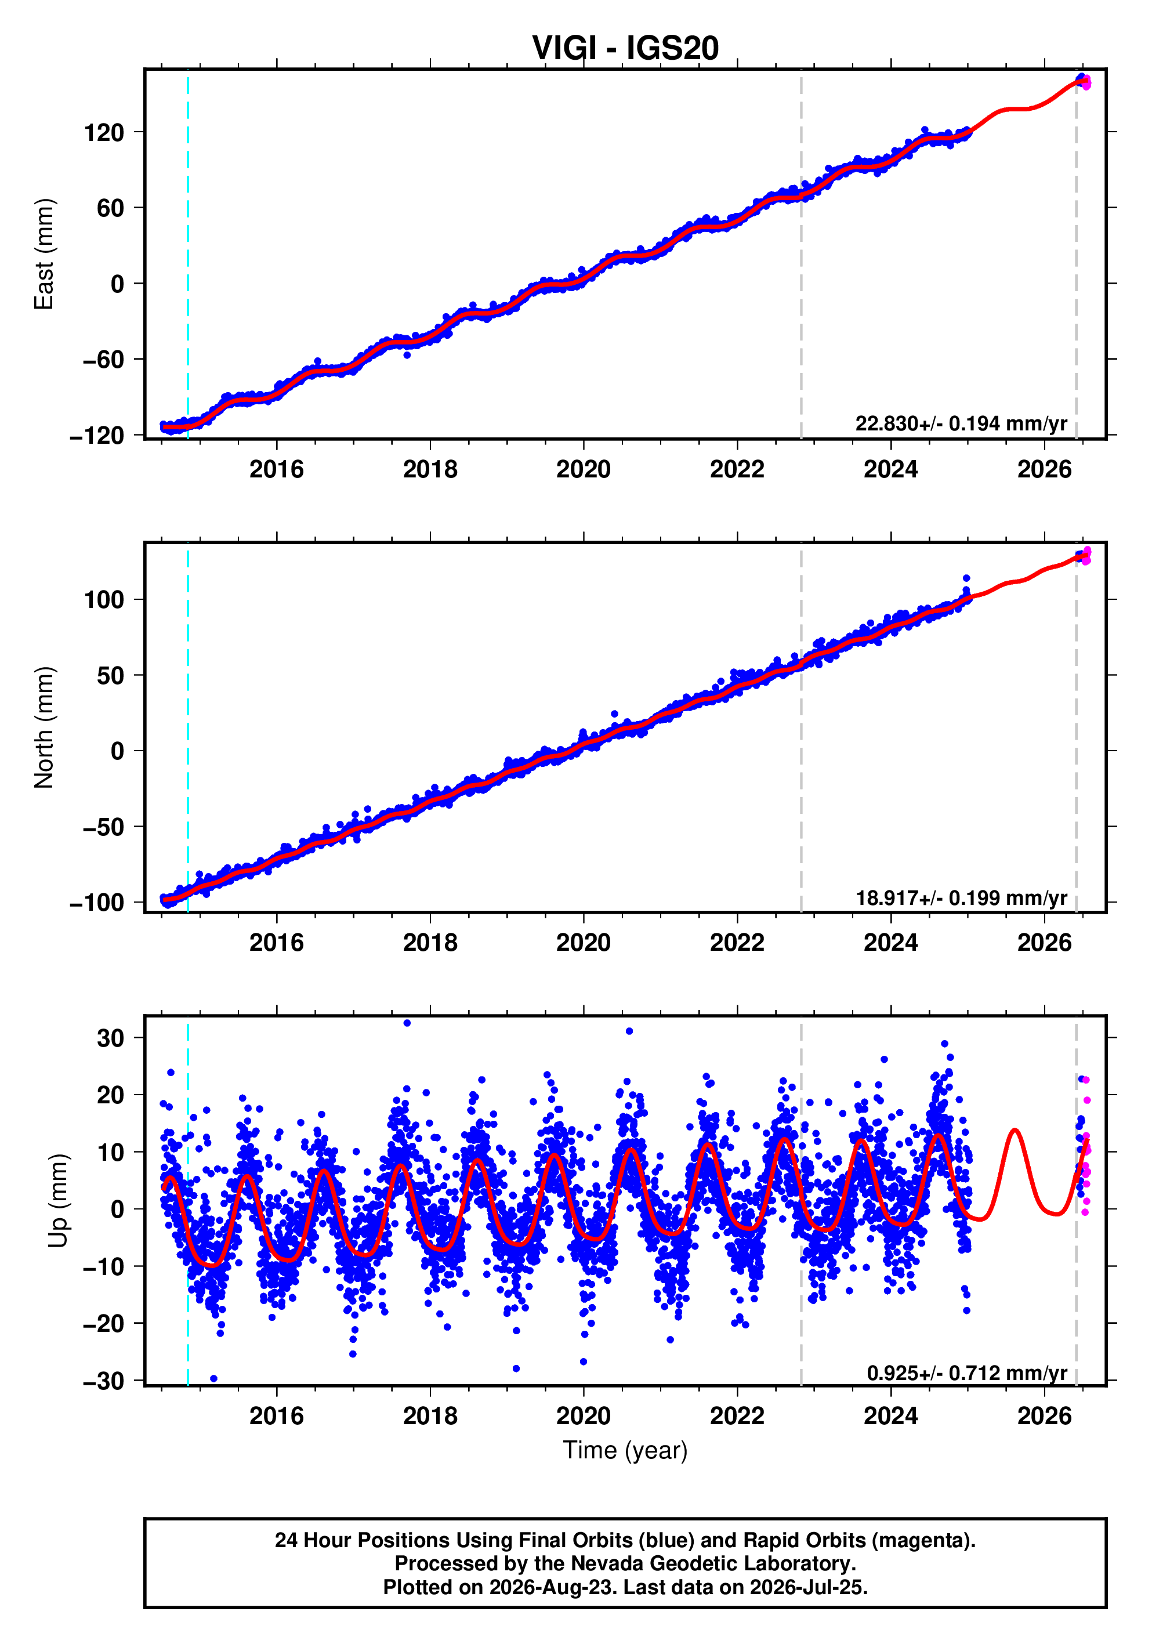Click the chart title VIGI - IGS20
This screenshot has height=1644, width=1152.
click(625, 48)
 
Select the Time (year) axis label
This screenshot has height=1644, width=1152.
click(625, 1450)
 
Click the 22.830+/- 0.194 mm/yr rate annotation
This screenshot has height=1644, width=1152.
click(961, 424)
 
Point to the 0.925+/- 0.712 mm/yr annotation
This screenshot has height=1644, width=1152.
click(966, 1373)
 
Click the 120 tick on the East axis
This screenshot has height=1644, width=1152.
click(104, 132)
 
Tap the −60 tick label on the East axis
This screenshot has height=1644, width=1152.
click(103, 360)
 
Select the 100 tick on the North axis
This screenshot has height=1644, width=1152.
click(104, 599)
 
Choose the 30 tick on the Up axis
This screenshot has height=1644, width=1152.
click(111, 1038)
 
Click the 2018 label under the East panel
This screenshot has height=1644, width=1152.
click(430, 470)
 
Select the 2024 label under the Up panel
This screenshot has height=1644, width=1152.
click(890, 1416)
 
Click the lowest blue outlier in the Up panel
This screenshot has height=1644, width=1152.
click(213, 1378)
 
